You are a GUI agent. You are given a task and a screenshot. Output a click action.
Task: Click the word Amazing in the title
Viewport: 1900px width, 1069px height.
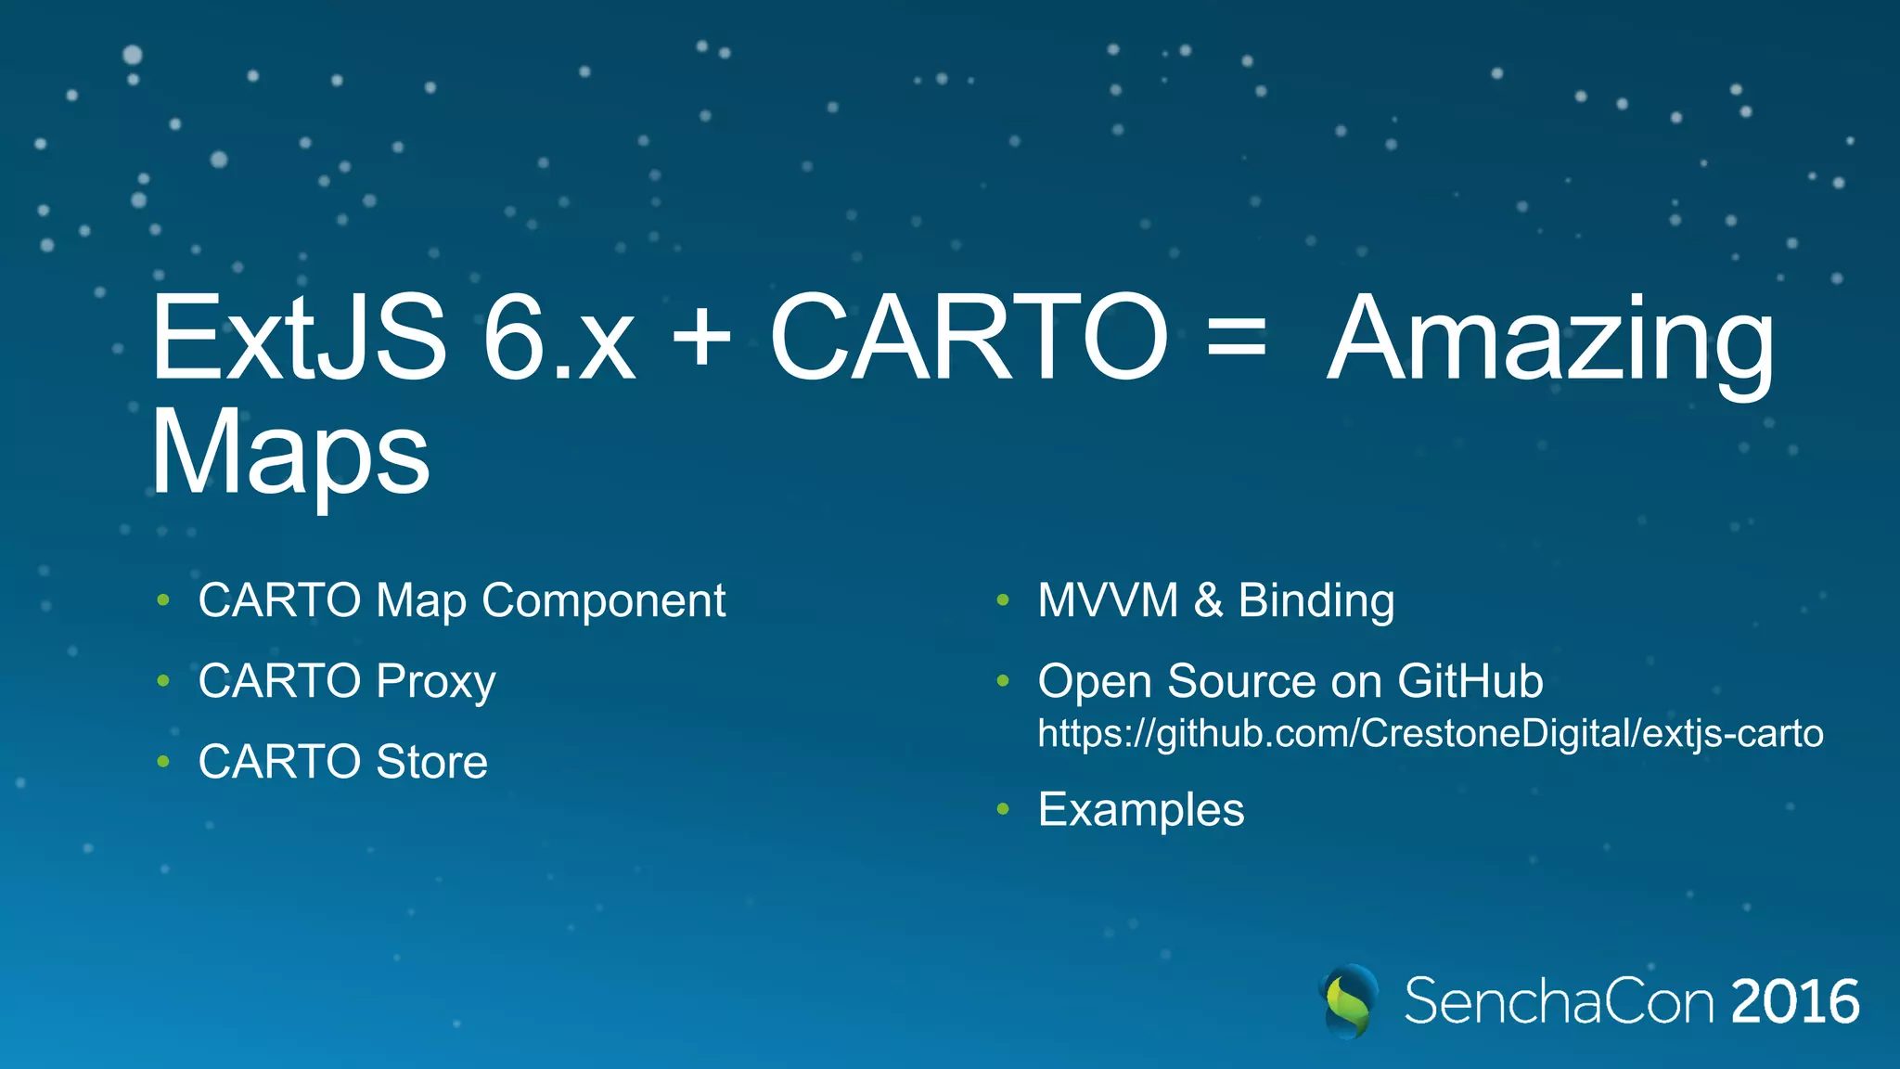pos(1550,341)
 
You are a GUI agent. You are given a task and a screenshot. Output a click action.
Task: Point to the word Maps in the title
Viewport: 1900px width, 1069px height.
pos(289,455)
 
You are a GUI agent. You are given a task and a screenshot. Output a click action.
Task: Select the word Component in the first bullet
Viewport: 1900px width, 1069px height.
pos(604,601)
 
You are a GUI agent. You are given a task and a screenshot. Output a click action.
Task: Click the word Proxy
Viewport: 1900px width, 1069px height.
pos(436,682)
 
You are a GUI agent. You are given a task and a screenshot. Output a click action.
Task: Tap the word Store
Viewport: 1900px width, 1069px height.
pos(431,762)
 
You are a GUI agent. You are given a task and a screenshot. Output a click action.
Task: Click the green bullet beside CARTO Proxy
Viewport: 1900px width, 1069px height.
pos(163,681)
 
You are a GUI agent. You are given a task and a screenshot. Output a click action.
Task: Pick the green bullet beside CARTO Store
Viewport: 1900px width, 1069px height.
pos(163,762)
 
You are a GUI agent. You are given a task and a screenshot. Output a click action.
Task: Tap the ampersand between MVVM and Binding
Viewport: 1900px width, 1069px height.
pos(1208,600)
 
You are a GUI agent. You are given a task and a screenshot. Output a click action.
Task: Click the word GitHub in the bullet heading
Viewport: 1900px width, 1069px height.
pos(1470,681)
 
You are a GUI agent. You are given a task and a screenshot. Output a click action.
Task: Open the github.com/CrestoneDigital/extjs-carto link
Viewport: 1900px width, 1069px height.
pos(1430,733)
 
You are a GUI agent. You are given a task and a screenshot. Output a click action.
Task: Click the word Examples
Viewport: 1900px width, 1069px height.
pos(1141,810)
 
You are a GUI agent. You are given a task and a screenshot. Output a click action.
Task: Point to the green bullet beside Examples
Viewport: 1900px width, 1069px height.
pos(1003,809)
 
